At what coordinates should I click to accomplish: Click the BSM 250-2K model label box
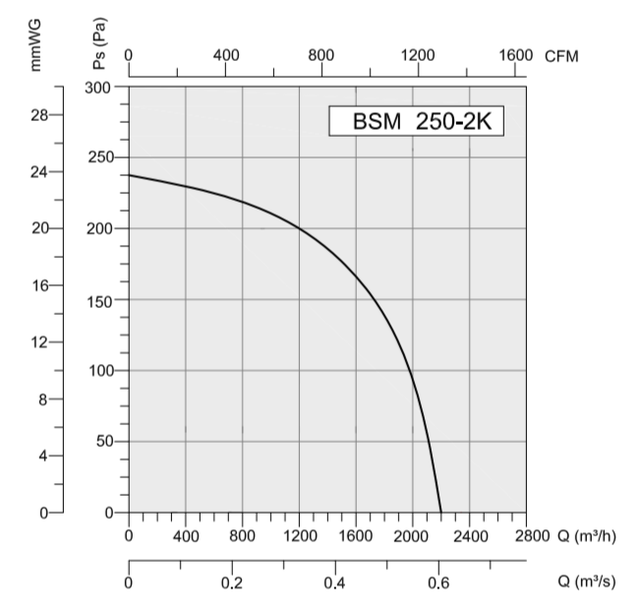tap(416, 123)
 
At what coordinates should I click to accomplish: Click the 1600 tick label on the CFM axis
tap(514, 55)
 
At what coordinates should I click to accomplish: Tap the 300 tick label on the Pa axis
tap(101, 87)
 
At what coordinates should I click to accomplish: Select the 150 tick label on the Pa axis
tap(101, 299)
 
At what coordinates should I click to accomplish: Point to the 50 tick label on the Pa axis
tap(105, 442)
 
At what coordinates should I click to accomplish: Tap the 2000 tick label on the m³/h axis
tap(412, 536)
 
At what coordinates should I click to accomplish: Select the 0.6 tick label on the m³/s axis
tap(438, 581)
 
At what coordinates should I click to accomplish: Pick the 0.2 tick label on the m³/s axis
tap(232, 581)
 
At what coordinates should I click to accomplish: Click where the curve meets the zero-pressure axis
tap(441, 513)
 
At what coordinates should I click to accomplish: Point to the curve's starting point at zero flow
tap(130, 175)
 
